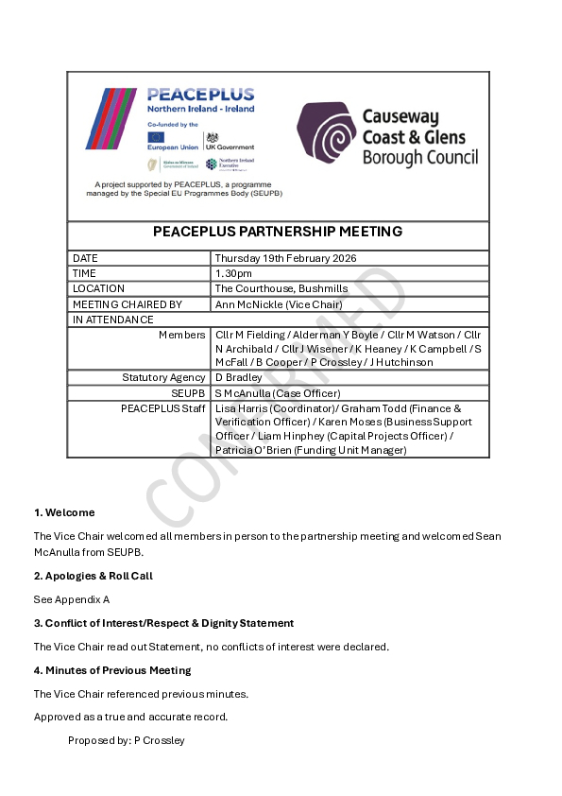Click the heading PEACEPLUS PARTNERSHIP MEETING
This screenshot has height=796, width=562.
278,232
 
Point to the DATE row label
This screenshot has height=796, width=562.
86,258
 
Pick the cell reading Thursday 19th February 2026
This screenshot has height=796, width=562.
285,258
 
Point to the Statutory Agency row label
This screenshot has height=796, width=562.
163,377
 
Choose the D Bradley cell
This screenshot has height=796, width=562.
235,377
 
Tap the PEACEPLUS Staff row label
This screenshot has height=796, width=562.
162,407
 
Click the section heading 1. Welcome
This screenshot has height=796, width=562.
64,512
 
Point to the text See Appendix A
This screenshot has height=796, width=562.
72,599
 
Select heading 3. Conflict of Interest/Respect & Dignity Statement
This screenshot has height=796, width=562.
163,623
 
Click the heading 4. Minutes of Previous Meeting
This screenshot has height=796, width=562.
112,670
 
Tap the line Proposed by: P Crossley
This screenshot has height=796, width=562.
127,740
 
